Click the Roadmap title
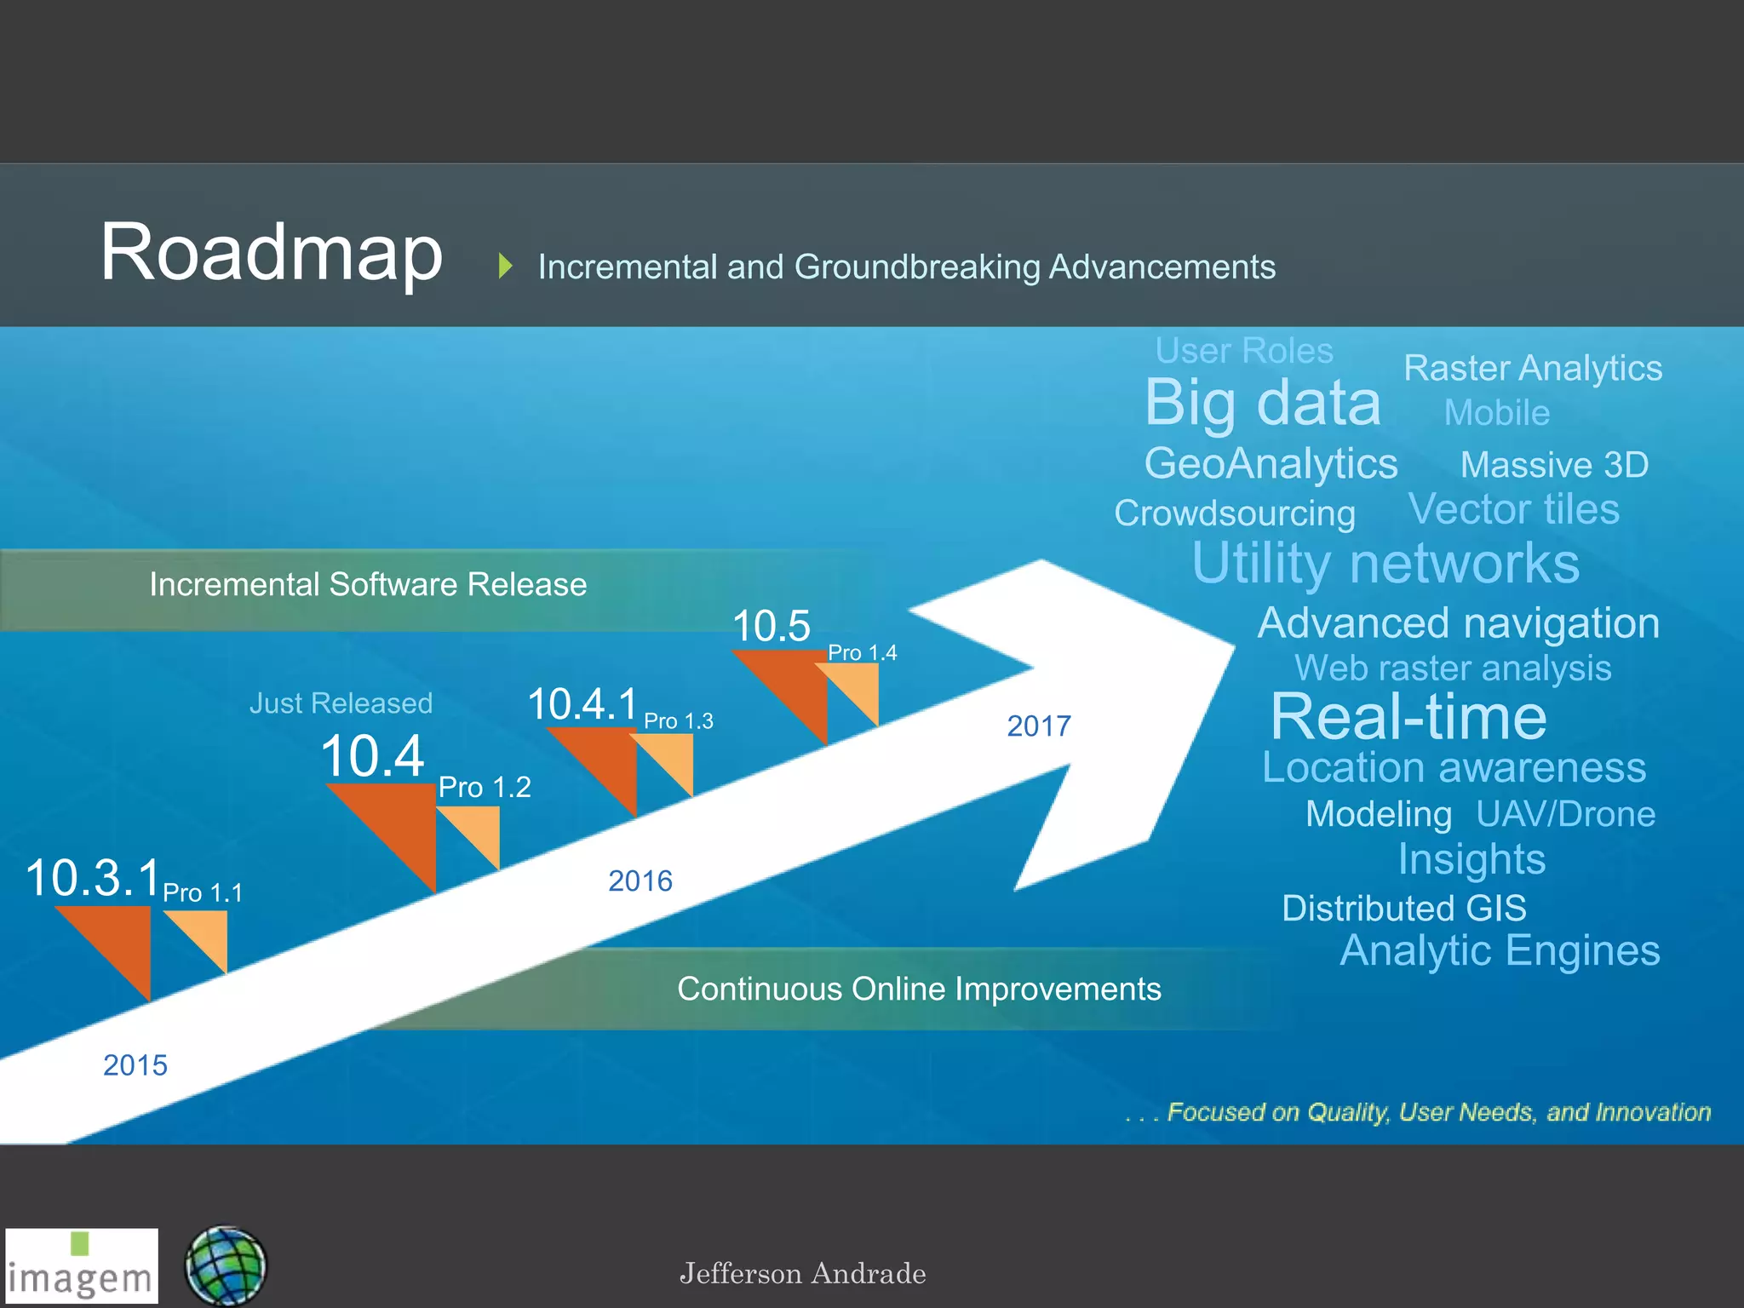coord(271,253)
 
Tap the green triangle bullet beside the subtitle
coord(505,267)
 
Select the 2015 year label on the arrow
coord(135,1065)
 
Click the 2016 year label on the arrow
coord(640,881)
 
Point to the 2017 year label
coord(1038,726)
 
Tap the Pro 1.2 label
coord(484,787)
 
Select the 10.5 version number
coord(771,626)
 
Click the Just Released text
coord(341,703)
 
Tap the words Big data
coord(1262,402)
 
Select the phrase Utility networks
coord(1385,563)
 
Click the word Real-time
coord(1408,717)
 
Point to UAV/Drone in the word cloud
coord(1565,814)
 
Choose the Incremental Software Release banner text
coord(368,585)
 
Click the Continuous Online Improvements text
coord(918,990)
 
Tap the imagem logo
coord(82,1265)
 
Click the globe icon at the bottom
coord(226,1266)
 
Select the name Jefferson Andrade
coord(802,1274)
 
